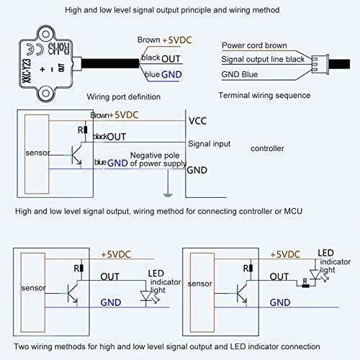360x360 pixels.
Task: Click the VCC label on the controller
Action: tap(197, 121)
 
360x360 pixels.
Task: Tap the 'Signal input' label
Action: tap(209, 143)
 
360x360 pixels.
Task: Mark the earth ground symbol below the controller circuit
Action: tap(166, 193)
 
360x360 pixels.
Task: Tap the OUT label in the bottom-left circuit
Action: tap(110, 275)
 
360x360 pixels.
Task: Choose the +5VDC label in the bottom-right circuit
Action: tap(284, 254)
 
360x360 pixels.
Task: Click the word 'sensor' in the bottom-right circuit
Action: tap(200, 284)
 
